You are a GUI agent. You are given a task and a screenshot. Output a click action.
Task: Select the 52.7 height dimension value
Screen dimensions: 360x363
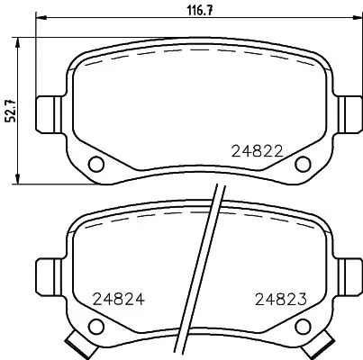(11, 110)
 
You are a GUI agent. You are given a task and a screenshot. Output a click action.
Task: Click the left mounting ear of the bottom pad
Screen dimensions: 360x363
(48, 270)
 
